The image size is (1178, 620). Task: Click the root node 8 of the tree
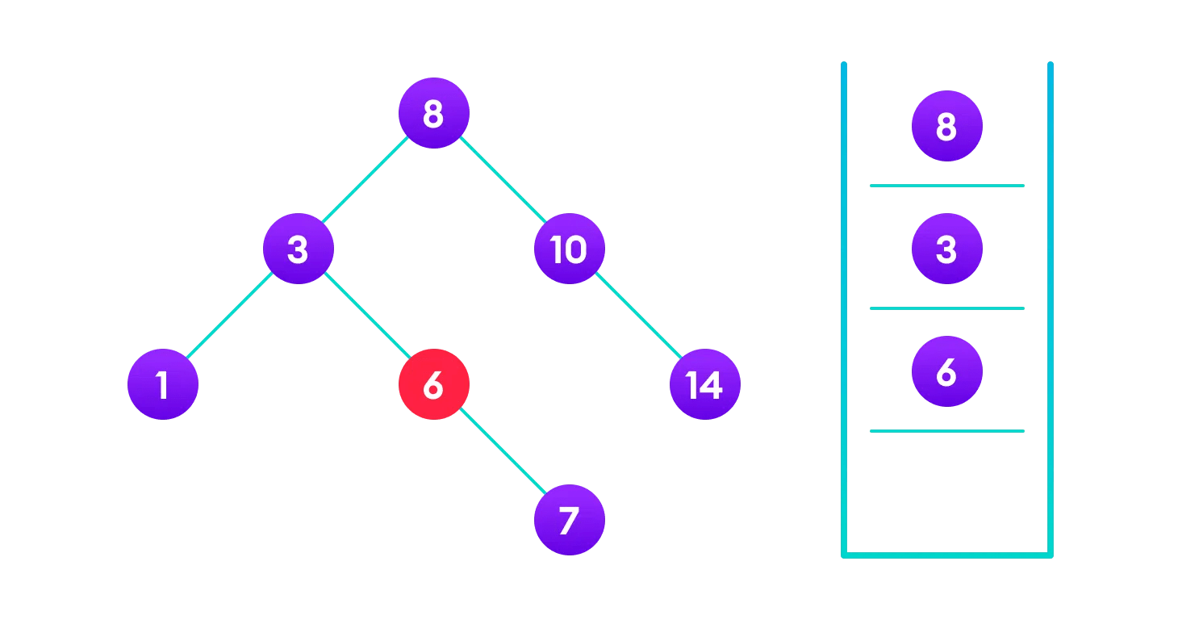433,113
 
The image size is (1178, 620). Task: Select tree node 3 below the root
298,249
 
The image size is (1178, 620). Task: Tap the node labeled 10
569,249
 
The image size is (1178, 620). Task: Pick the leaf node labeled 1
163,384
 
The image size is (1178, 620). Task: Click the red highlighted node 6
433,384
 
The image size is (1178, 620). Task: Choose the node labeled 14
704,384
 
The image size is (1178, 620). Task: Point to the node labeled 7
569,520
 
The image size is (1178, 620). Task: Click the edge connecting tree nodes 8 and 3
366,181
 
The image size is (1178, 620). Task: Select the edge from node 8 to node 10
501,181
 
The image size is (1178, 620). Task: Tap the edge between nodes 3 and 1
230,316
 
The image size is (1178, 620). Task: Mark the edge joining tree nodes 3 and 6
366,316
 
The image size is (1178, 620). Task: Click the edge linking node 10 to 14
637,316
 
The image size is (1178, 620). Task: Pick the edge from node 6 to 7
501,452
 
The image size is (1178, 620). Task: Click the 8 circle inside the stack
946,126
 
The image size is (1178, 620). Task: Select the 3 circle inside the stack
946,249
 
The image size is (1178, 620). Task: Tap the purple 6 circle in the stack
946,371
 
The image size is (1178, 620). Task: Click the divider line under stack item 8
946,186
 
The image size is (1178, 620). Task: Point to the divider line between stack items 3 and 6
946,308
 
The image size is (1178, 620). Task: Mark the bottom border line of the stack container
946,555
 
